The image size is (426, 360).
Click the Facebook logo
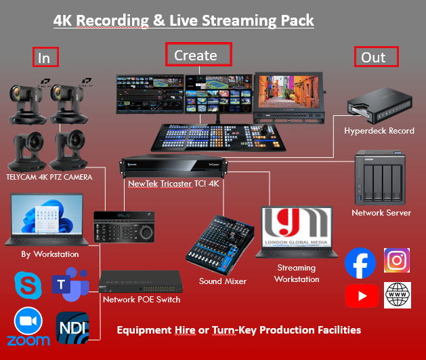click(360, 264)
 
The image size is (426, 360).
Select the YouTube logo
click(362, 296)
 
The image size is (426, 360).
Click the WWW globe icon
click(398, 295)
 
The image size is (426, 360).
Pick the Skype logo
click(27, 286)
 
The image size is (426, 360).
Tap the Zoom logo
click(28, 327)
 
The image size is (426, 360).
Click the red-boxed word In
click(45, 58)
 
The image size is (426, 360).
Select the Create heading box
click(198, 54)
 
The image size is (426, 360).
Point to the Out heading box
click(376, 57)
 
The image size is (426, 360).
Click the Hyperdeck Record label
click(379, 131)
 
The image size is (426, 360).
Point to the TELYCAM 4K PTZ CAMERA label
click(48, 176)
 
